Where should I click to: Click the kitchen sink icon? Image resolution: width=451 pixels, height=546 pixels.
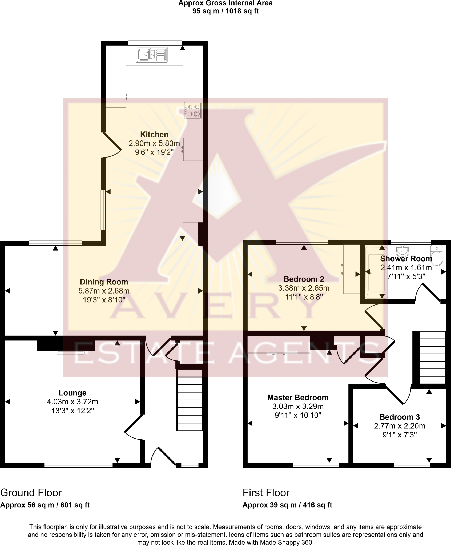pyautogui.click(x=152, y=55)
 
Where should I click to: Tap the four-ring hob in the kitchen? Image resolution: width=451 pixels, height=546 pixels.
pyautogui.click(x=193, y=110)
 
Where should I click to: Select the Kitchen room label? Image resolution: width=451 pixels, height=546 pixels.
pyautogui.click(x=154, y=134)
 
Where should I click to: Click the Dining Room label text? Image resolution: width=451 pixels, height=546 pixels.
pyautogui.click(x=104, y=282)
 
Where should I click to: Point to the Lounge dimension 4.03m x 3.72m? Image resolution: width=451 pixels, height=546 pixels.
pyautogui.click(x=73, y=402)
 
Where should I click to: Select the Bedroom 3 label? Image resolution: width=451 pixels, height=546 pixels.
pyautogui.click(x=399, y=417)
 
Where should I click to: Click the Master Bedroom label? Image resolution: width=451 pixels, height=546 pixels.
pyautogui.click(x=298, y=398)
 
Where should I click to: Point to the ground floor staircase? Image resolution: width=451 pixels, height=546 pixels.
pyautogui.click(x=190, y=400)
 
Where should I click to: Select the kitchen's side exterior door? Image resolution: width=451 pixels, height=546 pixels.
pyautogui.click(x=111, y=145)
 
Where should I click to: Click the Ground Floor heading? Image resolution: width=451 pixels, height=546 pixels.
pyautogui.click(x=31, y=493)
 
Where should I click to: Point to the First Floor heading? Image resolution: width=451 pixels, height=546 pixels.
pyautogui.click(x=266, y=493)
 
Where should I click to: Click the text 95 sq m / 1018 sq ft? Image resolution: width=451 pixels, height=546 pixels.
pyautogui.click(x=225, y=11)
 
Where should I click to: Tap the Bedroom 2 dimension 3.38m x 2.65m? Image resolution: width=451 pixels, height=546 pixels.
pyautogui.click(x=304, y=288)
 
